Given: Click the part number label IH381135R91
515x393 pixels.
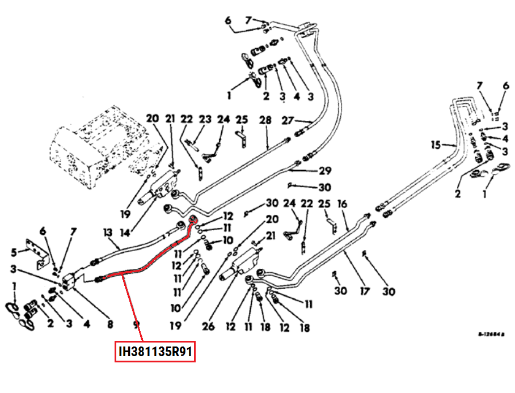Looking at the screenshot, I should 155,352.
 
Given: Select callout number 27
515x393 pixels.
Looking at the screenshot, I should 288,120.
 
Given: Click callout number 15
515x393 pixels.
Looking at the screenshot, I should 435,145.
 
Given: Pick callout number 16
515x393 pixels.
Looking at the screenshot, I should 343,204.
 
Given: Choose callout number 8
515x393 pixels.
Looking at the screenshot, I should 110,324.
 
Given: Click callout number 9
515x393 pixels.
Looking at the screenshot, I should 136,324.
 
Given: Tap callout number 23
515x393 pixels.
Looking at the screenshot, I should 205,120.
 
